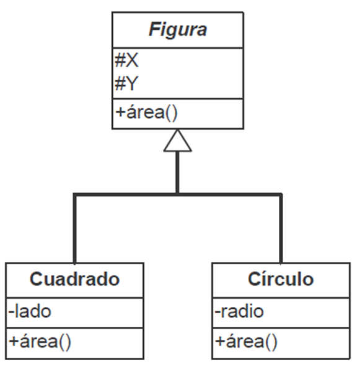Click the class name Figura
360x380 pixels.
177,30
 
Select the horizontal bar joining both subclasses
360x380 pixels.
177,195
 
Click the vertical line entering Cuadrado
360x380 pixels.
74,229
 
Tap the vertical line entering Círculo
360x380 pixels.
281,229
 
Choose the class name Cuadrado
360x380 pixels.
74,279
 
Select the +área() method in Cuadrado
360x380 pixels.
41,340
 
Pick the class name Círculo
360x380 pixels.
281,279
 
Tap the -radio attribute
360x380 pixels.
239,311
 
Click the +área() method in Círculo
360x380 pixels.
246,340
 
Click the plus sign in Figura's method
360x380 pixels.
120,114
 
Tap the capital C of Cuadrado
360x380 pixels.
37,279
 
